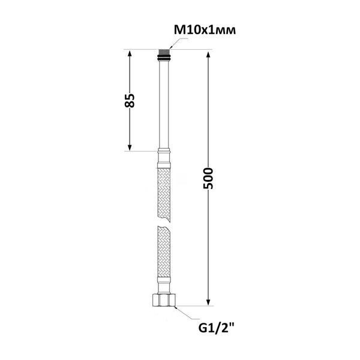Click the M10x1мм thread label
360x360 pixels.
(x=205, y=30)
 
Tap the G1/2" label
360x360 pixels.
(x=217, y=328)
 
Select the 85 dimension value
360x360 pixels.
(x=130, y=100)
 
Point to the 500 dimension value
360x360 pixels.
(x=208, y=178)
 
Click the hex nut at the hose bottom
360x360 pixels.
(x=164, y=299)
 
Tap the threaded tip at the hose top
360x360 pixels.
(x=164, y=52)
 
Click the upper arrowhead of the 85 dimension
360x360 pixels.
(x=130, y=54)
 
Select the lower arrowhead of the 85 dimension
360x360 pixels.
(x=130, y=147)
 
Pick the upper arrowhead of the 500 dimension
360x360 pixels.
(x=208, y=55)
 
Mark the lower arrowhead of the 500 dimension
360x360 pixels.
(x=208, y=302)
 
